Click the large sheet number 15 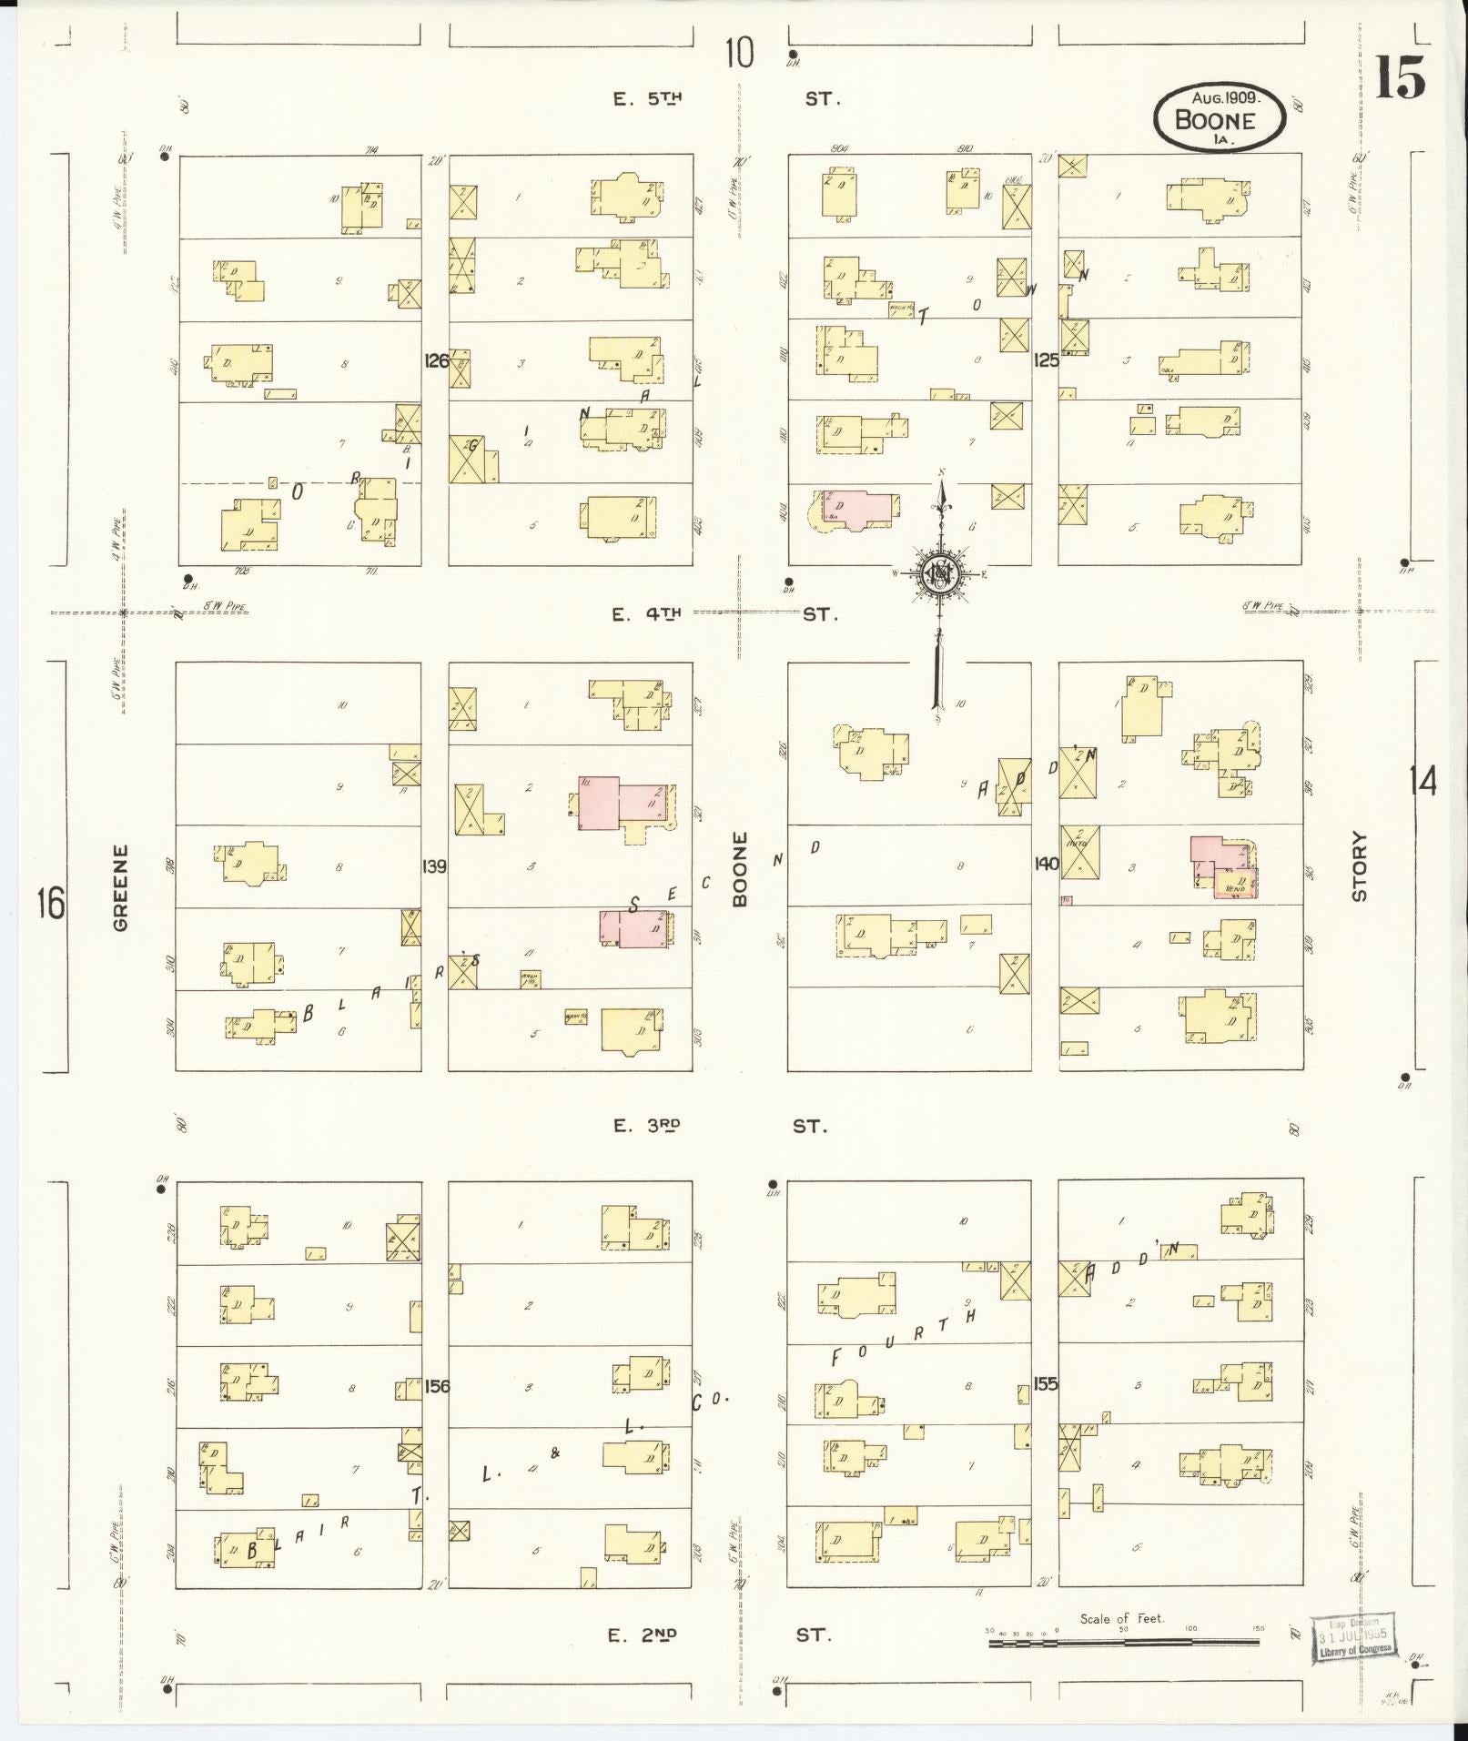pyautogui.click(x=1399, y=76)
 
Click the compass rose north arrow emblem pyautogui.click(x=937, y=574)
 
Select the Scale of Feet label pyautogui.click(x=1121, y=1619)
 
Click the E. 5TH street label pyautogui.click(x=648, y=99)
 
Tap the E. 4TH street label pyautogui.click(x=646, y=615)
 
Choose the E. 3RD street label pyautogui.click(x=647, y=1126)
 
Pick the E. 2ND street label pyautogui.click(x=644, y=1635)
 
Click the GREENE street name pyautogui.click(x=121, y=888)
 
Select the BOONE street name pyautogui.click(x=739, y=868)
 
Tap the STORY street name pyautogui.click(x=1360, y=866)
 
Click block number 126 pyautogui.click(x=436, y=360)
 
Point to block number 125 pyautogui.click(x=1046, y=360)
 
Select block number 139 pyautogui.click(x=434, y=866)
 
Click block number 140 pyautogui.click(x=1046, y=864)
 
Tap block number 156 pyautogui.click(x=437, y=1385)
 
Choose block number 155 pyautogui.click(x=1046, y=1383)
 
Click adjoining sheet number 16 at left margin pyautogui.click(x=51, y=906)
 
